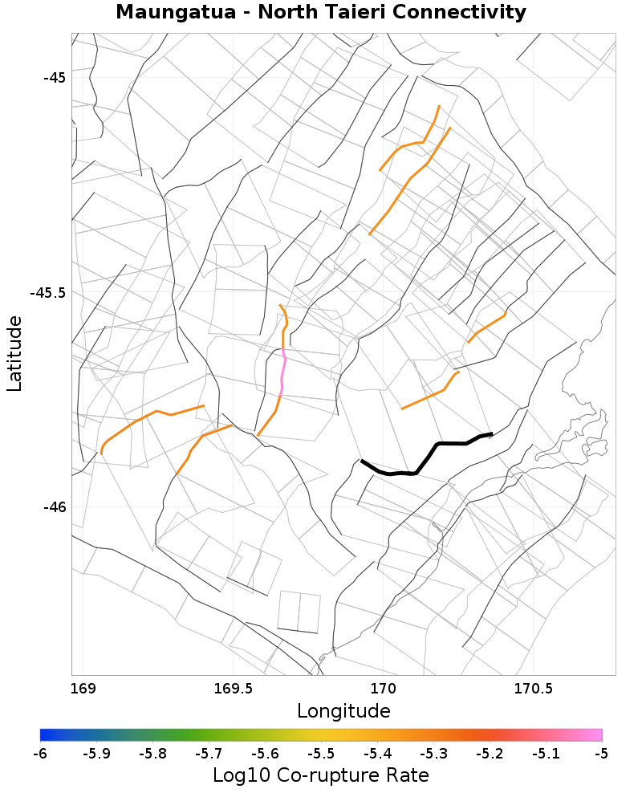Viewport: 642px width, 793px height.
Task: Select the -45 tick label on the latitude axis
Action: point(55,78)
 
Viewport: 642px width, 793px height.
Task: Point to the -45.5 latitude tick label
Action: point(47,292)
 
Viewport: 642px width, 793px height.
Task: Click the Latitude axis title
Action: point(15,353)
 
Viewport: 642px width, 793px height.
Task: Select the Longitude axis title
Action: point(343,711)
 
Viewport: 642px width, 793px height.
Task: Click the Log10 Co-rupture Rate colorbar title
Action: point(321,775)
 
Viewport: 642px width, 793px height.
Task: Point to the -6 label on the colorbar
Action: point(40,754)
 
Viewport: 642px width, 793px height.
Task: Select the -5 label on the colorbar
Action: point(601,754)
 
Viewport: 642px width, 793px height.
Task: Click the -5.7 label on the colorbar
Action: point(209,754)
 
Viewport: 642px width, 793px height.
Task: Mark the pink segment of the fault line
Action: point(282,373)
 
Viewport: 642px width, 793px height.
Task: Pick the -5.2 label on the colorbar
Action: point(490,754)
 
